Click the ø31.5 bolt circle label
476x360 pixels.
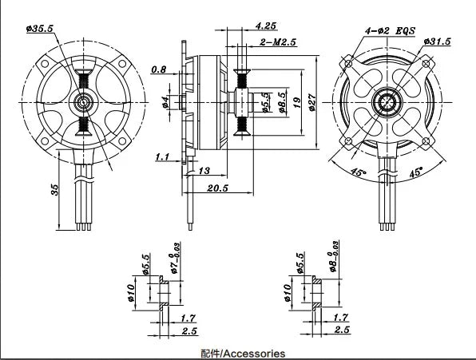click(438, 41)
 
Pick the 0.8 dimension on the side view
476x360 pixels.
click(159, 69)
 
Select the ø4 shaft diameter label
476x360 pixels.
click(165, 102)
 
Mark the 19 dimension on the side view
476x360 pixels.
click(296, 102)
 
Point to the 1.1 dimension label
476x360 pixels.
click(163, 157)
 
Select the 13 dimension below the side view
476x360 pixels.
click(204, 171)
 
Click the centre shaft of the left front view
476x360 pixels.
click(83, 101)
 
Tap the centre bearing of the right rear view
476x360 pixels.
click(388, 103)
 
